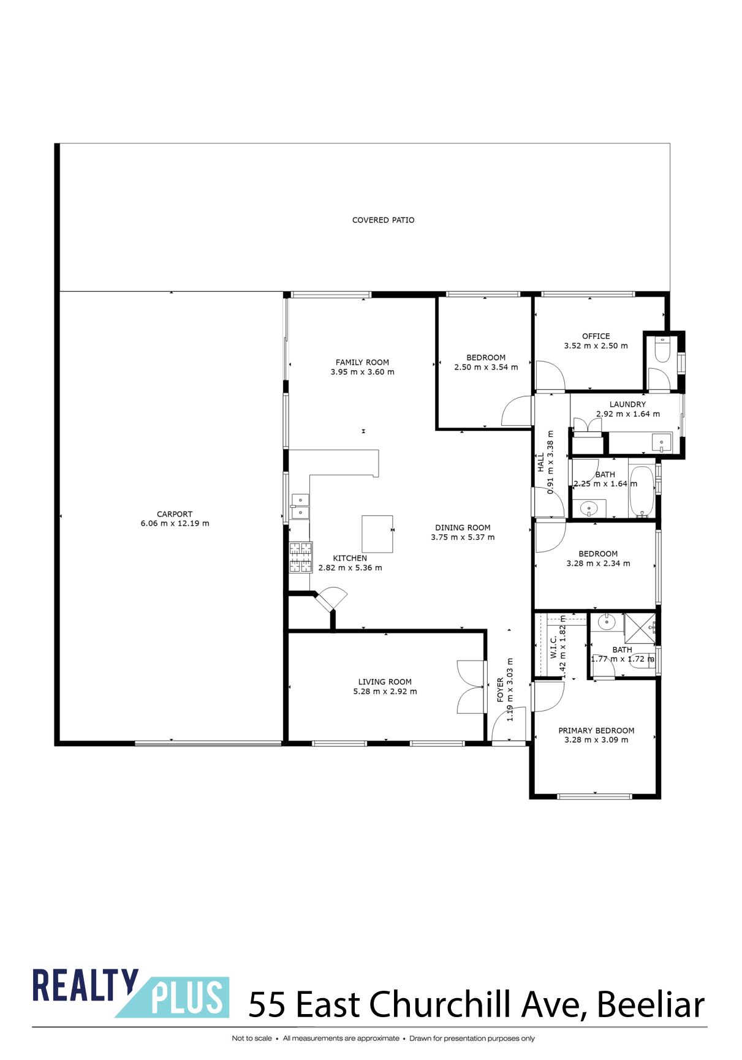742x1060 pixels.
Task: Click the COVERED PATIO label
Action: click(383, 220)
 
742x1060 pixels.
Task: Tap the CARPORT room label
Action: click(175, 514)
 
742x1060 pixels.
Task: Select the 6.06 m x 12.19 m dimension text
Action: click(175, 524)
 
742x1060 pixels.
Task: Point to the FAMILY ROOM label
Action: click(362, 362)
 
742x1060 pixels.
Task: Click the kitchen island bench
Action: click(377, 534)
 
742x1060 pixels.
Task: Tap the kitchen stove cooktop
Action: click(300, 558)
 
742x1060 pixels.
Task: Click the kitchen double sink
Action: click(300, 506)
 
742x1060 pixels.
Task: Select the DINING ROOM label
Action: click(463, 528)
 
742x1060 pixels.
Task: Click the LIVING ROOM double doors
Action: click(471, 687)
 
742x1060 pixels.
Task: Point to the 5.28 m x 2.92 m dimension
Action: click(385, 692)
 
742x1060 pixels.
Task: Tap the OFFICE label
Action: click(596, 336)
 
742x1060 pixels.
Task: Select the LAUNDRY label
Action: click(627, 404)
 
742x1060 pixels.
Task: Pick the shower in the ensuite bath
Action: click(639, 627)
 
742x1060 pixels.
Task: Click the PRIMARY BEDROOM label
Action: click(596, 730)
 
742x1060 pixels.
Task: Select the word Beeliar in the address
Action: click(651, 1005)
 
